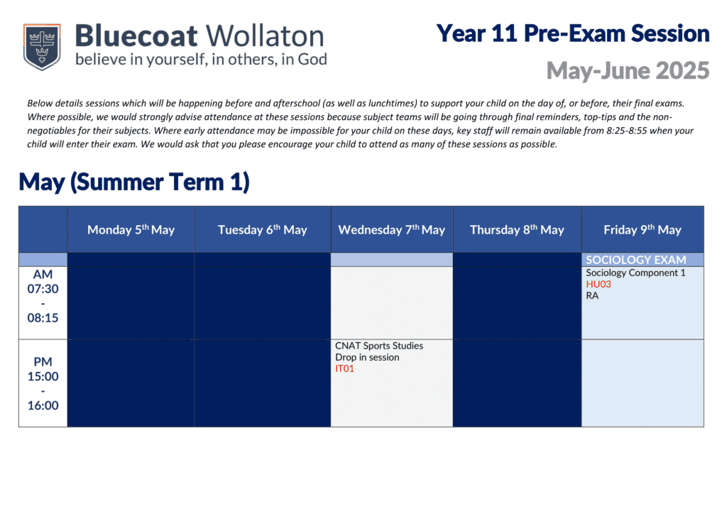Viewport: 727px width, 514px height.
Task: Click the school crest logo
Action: (42, 47)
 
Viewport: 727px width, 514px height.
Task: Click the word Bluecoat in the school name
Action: (136, 35)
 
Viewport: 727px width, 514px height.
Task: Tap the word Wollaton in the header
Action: (265, 35)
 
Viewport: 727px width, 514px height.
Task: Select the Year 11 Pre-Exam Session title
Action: (573, 33)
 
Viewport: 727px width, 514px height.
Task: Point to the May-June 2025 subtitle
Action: (628, 70)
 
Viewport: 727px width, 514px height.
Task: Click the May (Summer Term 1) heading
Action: (134, 182)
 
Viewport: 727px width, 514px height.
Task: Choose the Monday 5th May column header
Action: (131, 230)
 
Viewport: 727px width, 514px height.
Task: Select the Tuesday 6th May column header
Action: (263, 230)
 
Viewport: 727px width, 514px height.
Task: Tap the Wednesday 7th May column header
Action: (392, 230)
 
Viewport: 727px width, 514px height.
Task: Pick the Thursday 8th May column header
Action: (517, 230)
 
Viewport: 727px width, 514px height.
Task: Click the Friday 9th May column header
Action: (643, 230)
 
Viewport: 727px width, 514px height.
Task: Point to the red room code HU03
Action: (598, 284)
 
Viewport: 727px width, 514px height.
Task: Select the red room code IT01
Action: (344, 368)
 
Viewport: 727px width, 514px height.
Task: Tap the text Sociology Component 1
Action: (635, 273)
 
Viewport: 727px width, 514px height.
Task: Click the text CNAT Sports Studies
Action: (379, 346)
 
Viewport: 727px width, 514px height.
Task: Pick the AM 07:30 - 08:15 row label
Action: (43, 296)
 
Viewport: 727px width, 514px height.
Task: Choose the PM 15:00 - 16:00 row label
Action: (43, 383)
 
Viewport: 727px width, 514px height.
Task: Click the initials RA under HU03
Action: (592, 296)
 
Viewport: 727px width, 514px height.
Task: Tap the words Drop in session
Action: (367, 357)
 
